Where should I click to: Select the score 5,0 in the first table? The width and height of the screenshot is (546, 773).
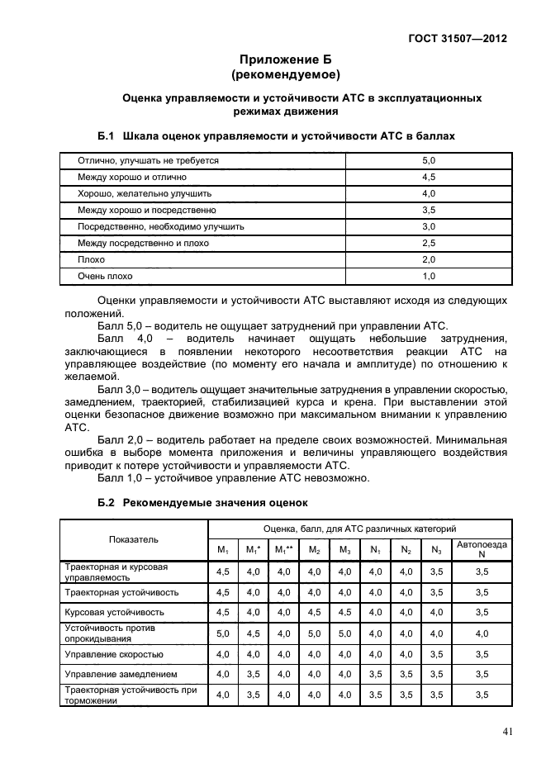(428, 160)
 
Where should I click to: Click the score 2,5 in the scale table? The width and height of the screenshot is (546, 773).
(428, 243)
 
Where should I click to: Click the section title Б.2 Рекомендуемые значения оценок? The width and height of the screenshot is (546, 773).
(202, 501)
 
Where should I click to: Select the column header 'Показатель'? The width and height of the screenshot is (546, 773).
(133, 538)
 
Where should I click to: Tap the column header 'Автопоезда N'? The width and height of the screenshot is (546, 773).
(482, 549)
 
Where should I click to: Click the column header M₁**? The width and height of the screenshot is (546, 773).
(284, 550)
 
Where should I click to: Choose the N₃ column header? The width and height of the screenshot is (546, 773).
(436, 550)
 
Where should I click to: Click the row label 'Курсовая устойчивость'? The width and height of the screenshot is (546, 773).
(114, 613)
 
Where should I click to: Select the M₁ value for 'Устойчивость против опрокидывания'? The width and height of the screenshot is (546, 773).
(222, 633)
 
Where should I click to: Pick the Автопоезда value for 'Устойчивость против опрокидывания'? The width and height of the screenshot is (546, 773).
(482, 633)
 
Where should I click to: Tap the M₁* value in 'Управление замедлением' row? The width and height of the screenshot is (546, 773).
(253, 675)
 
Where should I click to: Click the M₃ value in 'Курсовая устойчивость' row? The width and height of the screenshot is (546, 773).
(344, 613)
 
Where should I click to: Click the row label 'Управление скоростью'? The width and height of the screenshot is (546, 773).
(113, 654)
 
